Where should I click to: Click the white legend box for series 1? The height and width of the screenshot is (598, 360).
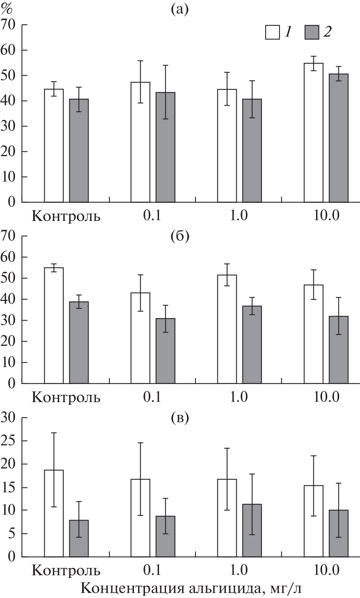pyautogui.click(x=272, y=32)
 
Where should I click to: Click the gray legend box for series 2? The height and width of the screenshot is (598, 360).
pyautogui.click(x=312, y=32)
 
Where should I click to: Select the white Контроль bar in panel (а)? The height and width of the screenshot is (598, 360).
pyautogui.click(x=54, y=145)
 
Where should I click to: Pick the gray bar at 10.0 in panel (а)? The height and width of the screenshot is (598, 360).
pyautogui.click(x=338, y=138)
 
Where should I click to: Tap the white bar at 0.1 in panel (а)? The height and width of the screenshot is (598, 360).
pyautogui.click(x=140, y=142)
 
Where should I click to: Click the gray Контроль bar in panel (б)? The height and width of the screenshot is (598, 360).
pyautogui.click(x=79, y=342)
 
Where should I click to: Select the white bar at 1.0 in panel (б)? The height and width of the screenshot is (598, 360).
pyautogui.click(x=227, y=329)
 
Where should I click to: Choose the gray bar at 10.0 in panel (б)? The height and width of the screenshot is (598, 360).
pyautogui.click(x=338, y=350)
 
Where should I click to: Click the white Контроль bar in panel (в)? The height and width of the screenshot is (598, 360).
pyautogui.click(x=54, y=513)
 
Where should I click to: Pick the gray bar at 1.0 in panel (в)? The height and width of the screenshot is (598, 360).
pyautogui.click(x=252, y=530)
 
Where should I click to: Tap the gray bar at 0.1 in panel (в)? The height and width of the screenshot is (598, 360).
pyautogui.click(x=165, y=536)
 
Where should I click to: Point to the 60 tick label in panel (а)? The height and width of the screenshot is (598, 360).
pyautogui.click(x=10, y=50)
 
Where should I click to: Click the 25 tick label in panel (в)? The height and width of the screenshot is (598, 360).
pyautogui.click(x=10, y=441)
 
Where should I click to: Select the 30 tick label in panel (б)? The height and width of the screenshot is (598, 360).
pyautogui.click(x=10, y=320)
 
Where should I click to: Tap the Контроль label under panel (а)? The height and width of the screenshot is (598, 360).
pyautogui.click(x=66, y=217)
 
